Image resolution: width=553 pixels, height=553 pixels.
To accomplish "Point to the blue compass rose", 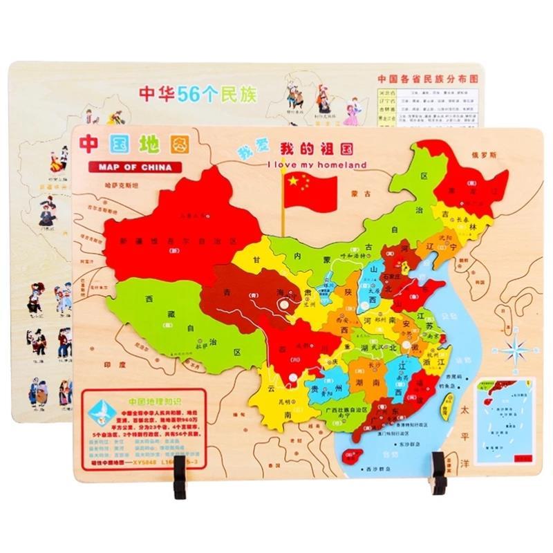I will click(518, 349).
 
